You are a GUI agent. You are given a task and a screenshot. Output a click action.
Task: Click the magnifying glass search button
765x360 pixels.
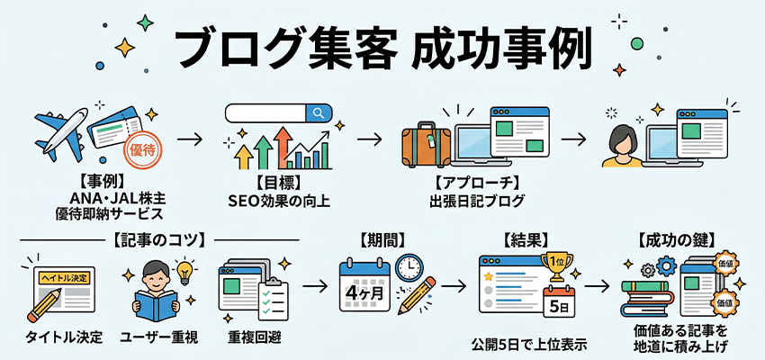click(317, 113)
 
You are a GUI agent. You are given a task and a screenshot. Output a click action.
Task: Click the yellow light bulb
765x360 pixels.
click(186, 271)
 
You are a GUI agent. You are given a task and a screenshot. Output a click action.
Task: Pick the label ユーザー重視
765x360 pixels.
click(160, 338)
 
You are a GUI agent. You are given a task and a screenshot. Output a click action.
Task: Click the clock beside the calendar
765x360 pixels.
click(409, 268)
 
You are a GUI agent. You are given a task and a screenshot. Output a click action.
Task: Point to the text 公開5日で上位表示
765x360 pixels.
click(526, 344)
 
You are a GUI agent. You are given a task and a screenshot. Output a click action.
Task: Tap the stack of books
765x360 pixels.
click(649, 302)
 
